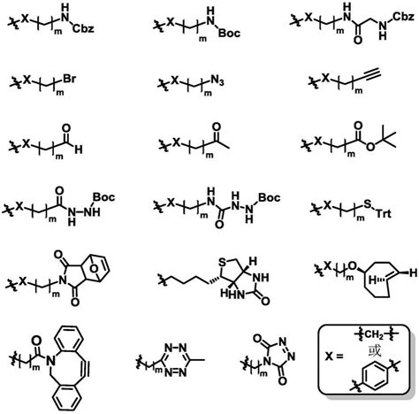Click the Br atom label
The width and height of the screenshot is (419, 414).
(x=69, y=79)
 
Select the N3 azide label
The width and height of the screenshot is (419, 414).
(x=217, y=80)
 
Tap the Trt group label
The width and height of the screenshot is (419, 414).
(x=384, y=213)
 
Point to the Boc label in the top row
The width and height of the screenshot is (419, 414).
(x=229, y=33)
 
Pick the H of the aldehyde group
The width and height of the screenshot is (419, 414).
(x=79, y=149)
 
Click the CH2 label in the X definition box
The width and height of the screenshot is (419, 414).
(x=374, y=334)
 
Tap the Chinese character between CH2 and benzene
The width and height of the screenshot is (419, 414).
(x=375, y=350)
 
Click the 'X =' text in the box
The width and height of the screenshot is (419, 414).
(x=334, y=356)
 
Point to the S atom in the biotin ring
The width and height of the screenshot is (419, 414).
(x=222, y=262)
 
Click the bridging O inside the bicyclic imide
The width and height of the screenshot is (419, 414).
(x=94, y=269)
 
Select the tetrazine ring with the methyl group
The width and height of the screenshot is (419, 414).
(x=176, y=360)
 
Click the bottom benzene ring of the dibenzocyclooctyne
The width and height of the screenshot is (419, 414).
(x=68, y=397)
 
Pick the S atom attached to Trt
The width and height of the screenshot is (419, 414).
(x=367, y=203)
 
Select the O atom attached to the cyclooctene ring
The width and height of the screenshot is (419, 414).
(x=352, y=266)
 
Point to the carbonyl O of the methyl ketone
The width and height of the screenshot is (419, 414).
(x=217, y=127)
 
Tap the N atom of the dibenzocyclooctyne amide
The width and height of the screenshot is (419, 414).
(x=52, y=360)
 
